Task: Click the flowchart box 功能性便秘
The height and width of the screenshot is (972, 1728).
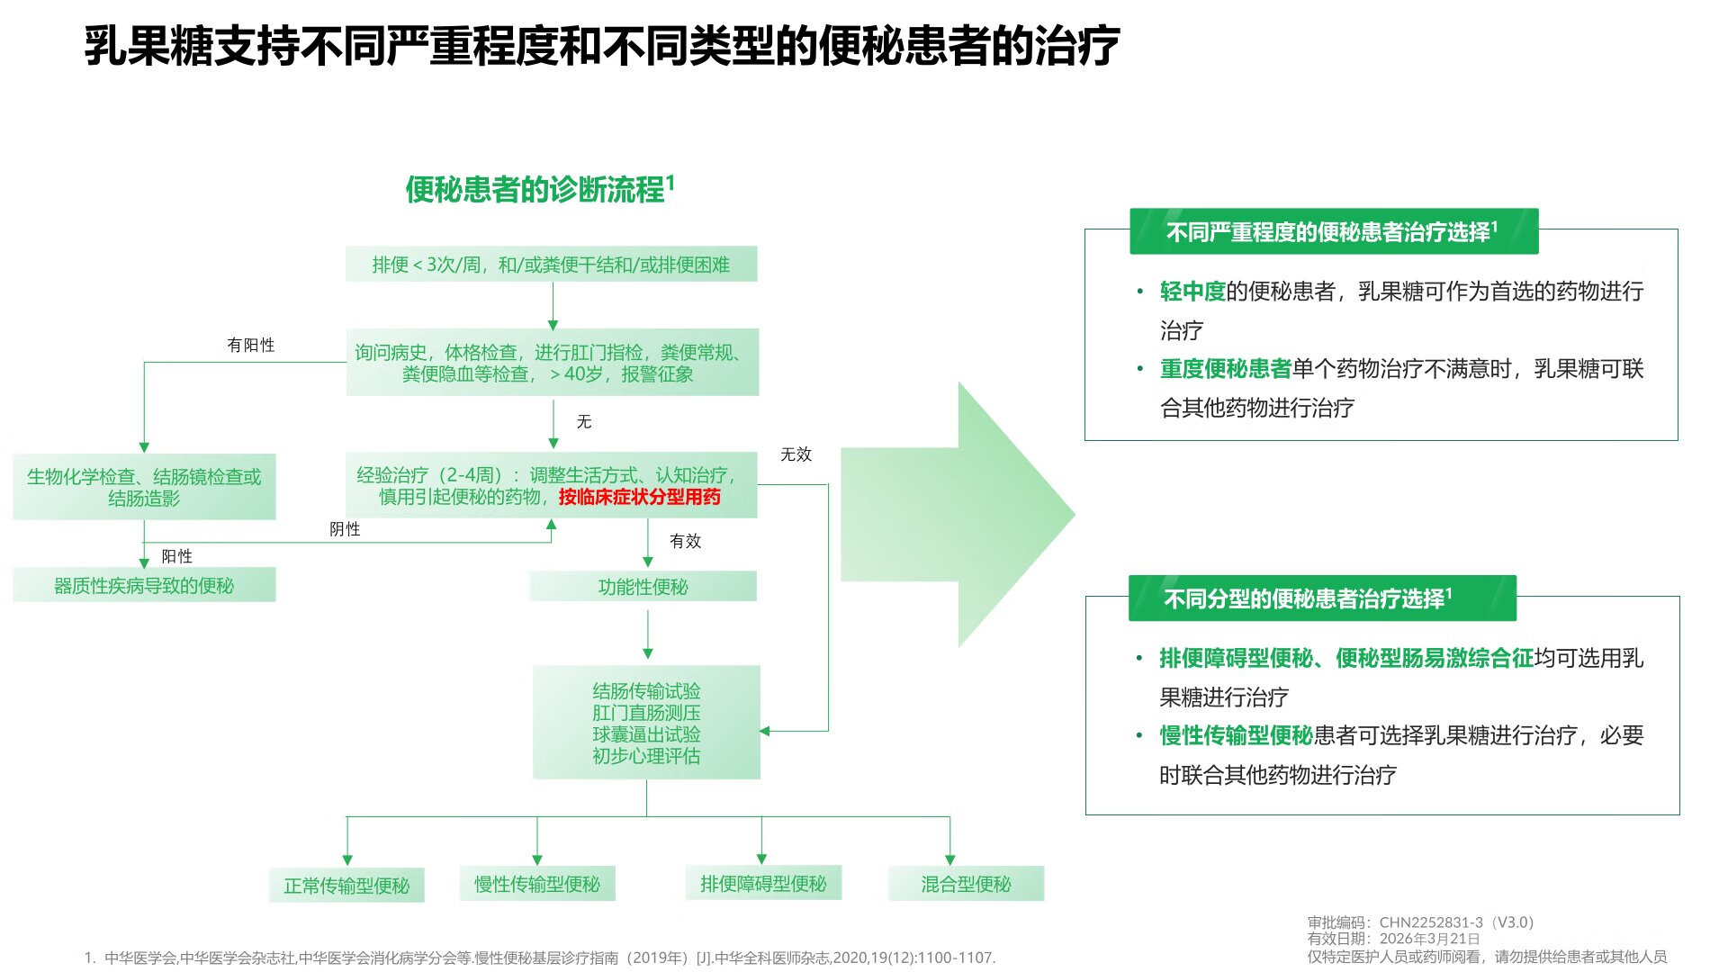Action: pos(643,587)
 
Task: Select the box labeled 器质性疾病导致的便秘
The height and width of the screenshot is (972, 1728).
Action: pos(144,586)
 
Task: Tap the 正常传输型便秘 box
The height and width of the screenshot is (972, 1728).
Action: pos(346,886)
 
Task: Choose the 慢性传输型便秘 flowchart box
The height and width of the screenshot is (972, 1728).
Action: pos(537,884)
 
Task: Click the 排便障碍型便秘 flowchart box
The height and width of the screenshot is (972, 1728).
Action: pos(763,884)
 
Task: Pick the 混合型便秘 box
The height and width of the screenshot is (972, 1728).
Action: pos(966,884)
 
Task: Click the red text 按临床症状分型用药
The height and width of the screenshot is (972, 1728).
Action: pos(639,497)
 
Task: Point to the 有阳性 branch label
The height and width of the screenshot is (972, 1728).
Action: pos(251,345)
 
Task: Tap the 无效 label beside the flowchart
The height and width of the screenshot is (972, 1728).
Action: pos(796,454)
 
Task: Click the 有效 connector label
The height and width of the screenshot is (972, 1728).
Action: pos(685,541)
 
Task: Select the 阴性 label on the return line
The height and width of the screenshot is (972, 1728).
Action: pos(345,529)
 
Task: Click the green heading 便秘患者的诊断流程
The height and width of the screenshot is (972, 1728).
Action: pos(535,190)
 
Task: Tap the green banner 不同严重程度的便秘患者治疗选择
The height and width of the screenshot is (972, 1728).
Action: pos(1333,232)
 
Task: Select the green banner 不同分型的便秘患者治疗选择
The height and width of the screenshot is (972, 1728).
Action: pos(1322,598)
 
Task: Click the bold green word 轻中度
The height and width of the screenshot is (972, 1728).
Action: pos(1192,292)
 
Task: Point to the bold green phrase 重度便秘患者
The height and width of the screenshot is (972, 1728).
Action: pos(1225,369)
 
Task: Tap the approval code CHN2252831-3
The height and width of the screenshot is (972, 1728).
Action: pos(1431,922)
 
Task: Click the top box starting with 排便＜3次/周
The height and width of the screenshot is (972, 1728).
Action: pos(551,265)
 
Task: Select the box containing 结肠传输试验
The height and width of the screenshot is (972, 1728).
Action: pos(646,723)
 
